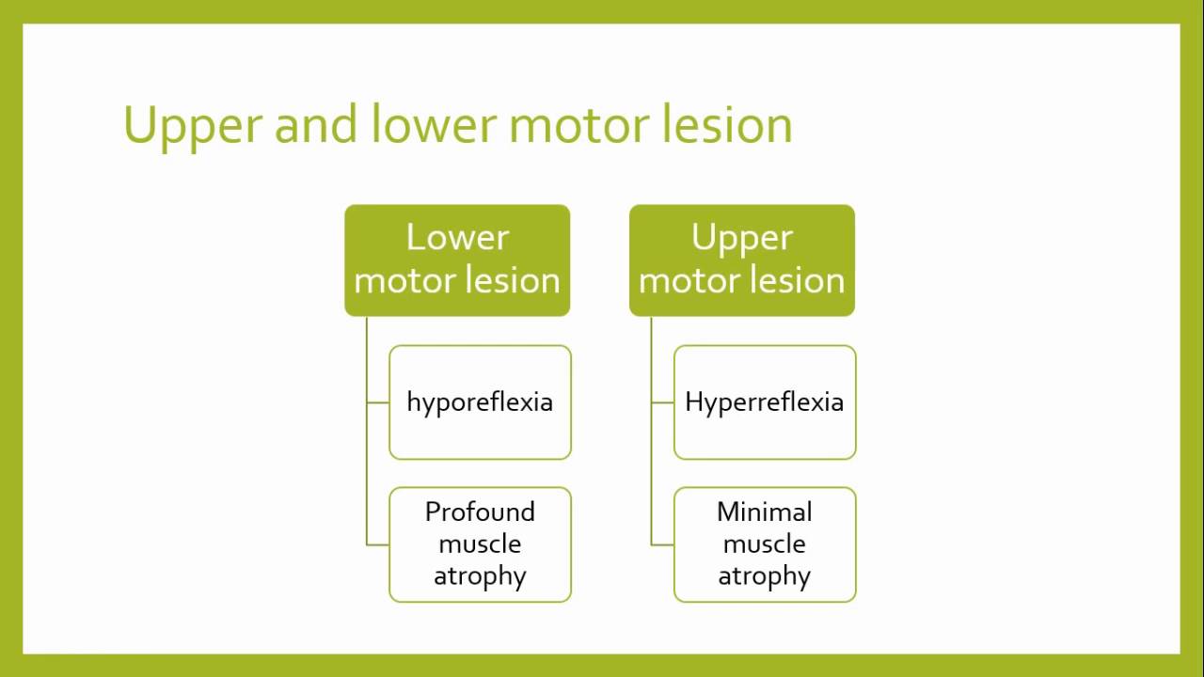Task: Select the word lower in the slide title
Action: pyautogui.click(x=432, y=124)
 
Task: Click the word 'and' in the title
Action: pyautogui.click(x=315, y=124)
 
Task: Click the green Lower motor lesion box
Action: pyautogui.click(x=457, y=260)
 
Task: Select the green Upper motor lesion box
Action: pyautogui.click(x=742, y=260)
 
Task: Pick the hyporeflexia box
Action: pyautogui.click(x=480, y=402)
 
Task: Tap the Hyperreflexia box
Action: pyautogui.click(x=765, y=402)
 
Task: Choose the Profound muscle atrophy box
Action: pyautogui.click(x=480, y=544)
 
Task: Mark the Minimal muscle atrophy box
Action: pyautogui.click(x=765, y=544)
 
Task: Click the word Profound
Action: pyautogui.click(x=480, y=512)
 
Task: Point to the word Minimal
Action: pyautogui.click(x=765, y=512)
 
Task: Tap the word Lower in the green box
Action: pyautogui.click(x=457, y=237)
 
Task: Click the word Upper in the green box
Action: pyautogui.click(x=742, y=239)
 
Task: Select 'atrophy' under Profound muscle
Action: pyautogui.click(x=480, y=575)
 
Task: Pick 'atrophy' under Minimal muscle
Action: pyautogui.click(x=765, y=575)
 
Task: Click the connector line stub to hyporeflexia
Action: pyautogui.click(x=378, y=402)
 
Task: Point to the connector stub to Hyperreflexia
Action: pyautogui.click(x=663, y=402)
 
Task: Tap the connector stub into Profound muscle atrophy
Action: pyautogui.click(x=378, y=544)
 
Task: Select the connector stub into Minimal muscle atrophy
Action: pyautogui.click(x=663, y=544)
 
